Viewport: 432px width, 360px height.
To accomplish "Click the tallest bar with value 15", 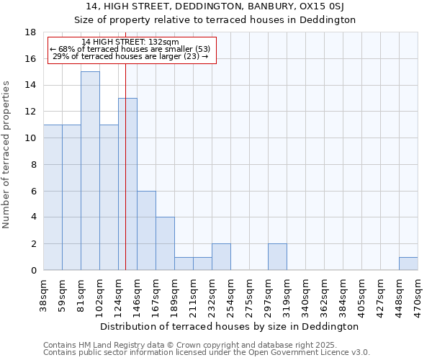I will [x=90, y=171].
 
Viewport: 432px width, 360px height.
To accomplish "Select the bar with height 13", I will [x=127, y=184].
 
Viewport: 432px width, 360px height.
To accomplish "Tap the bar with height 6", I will [x=146, y=230].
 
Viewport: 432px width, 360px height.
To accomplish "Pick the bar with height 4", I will [x=165, y=243].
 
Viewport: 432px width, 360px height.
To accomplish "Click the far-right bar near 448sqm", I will [x=408, y=264].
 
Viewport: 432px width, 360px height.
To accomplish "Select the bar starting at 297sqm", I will [x=277, y=257].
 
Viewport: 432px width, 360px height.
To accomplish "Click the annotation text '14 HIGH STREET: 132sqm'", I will [x=130, y=42].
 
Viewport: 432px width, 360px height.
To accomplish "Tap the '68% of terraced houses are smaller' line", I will [x=130, y=49].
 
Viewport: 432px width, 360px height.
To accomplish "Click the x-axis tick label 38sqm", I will [x=44, y=294].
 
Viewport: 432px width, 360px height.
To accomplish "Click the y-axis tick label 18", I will [x=31, y=32].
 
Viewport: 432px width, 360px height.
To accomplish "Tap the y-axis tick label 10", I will [x=31, y=138].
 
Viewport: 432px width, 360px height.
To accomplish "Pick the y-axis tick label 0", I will [x=34, y=270].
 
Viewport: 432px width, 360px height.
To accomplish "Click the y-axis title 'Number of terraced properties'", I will [x=7, y=155].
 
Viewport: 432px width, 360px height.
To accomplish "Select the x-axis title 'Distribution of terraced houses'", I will [x=230, y=326].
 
